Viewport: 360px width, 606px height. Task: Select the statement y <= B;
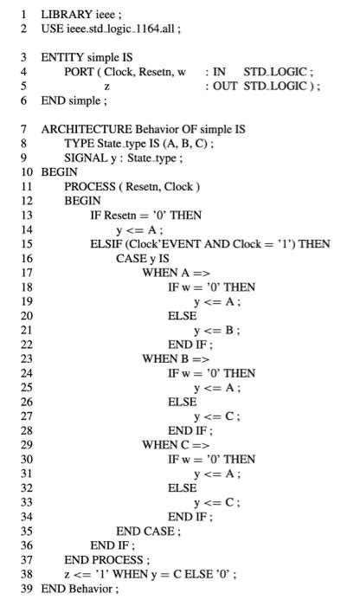(217, 330)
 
